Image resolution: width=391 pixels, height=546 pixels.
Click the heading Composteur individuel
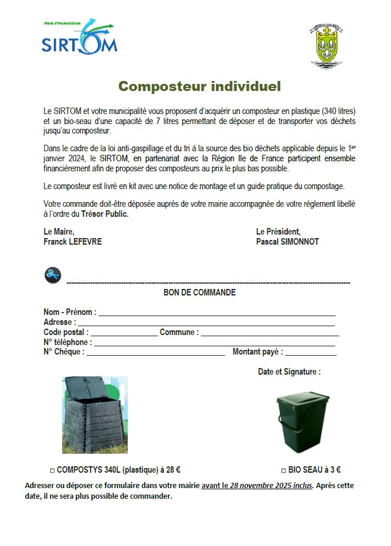click(199, 86)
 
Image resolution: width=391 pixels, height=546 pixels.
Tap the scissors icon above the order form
click(53, 274)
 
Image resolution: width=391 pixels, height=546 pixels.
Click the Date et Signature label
click(289, 372)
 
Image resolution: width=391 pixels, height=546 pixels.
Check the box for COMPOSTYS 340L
click(52, 471)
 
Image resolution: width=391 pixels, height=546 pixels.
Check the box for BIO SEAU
click(283, 471)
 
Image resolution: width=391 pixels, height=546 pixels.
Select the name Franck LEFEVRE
click(73, 242)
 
